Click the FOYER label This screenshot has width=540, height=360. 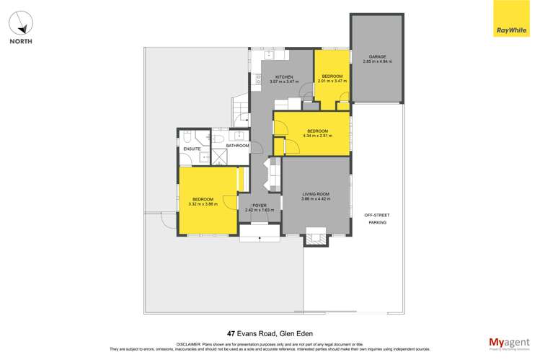[x=259, y=206]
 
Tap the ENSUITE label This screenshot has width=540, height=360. [x=192, y=149]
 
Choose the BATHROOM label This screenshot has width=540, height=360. [x=237, y=146]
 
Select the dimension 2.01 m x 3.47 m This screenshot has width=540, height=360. [x=332, y=81]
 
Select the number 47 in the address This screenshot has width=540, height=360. [x=231, y=334]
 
